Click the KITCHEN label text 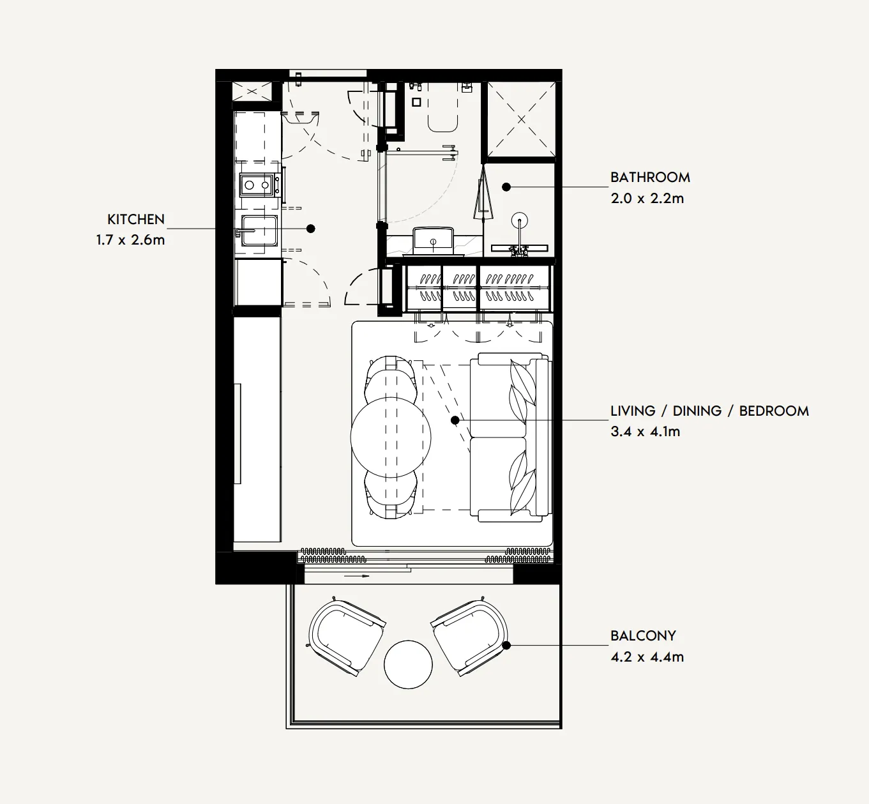pos(135,219)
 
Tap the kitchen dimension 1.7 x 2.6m pos(130,240)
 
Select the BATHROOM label pos(650,178)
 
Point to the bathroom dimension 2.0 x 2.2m pos(647,198)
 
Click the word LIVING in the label pos(633,411)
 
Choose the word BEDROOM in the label pos(774,411)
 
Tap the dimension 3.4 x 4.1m pos(646,432)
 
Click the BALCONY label pos(643,635)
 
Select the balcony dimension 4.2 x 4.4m pos(647,656)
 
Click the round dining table pos(391,437)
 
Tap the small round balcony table pos(408,664)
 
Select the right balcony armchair pos(469,636)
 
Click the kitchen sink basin pos(259,231)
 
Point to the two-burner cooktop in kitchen pos(257,185)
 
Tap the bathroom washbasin pos(433,241)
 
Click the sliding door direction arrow pos(357,576)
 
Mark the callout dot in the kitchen pos(311,229)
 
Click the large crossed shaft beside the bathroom pos(521,119)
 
